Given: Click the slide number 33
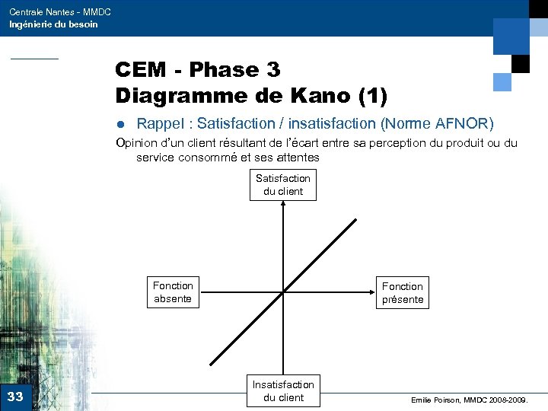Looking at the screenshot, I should click(14, 396).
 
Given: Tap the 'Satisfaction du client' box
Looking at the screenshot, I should click(282, 185).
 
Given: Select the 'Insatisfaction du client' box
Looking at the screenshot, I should click(282, 391).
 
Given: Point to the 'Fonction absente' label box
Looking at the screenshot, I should click(173, 292).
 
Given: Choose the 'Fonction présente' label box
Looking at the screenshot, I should click(402, 293).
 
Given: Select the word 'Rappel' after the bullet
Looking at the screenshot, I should click(161, 123).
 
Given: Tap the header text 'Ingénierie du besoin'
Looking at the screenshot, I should click(53, 24).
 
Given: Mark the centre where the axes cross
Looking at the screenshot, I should click(282, 292).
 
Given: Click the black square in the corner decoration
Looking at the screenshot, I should click(521, 64).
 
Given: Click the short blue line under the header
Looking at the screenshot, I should click(33, 59).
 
